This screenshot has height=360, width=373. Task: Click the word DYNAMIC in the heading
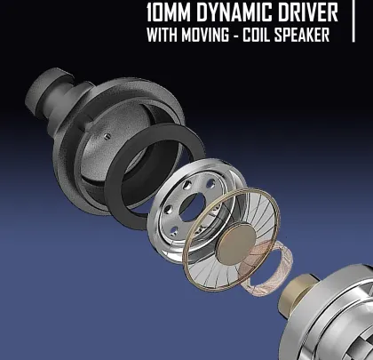click(x=233, y=12)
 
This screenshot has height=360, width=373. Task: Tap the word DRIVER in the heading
click(x=307, y=12)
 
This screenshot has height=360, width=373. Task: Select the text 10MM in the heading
click(x=168, y=12)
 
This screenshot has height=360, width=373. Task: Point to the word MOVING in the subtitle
click(x=205, y=35)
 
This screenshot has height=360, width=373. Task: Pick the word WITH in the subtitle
click(x=162, y=35)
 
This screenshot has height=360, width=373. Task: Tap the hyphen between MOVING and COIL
click(x=235, y=36)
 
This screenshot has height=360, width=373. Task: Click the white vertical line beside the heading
click(x=353, y=20)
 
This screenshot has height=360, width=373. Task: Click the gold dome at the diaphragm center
click(x=236, y=244)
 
